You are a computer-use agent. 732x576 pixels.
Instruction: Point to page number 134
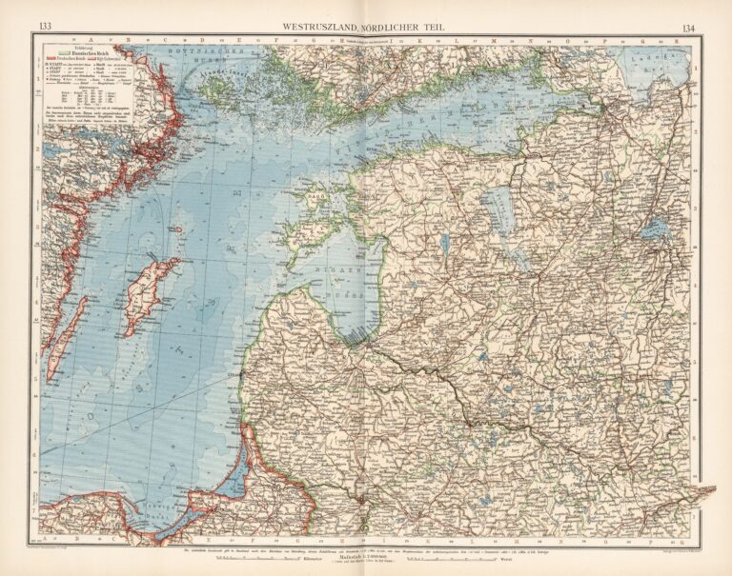(690, 26)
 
